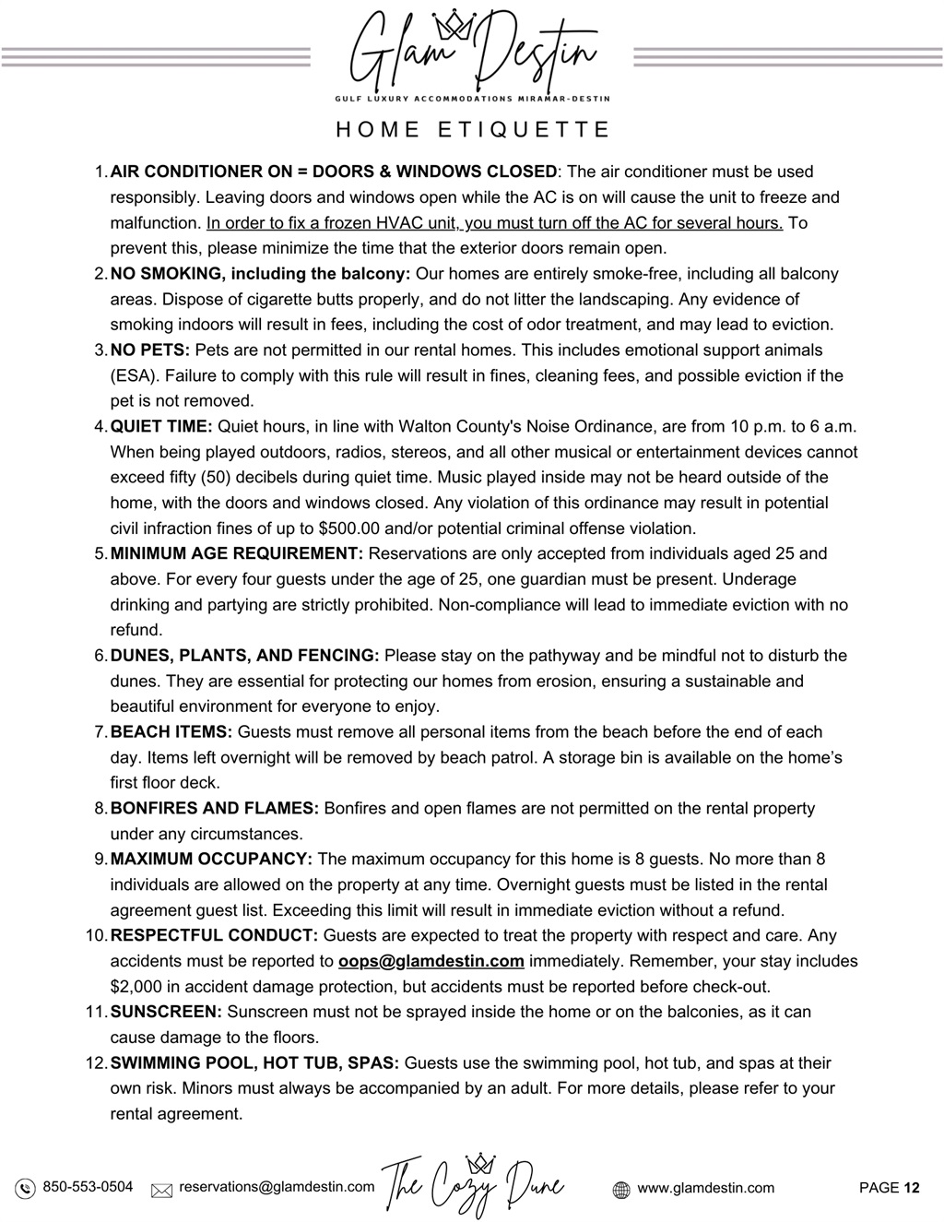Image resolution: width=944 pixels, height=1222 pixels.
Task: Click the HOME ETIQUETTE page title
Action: coord(472,130)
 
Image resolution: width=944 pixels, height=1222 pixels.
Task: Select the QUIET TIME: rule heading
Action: coord(161,426)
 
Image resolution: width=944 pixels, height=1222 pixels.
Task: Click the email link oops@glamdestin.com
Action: coord(431,961)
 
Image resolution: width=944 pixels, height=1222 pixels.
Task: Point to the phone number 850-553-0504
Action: coord(88,1187)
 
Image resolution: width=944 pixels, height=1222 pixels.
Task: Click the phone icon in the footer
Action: coord(25,1188)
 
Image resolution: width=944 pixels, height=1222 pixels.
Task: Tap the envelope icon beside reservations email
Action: coord(162,1189)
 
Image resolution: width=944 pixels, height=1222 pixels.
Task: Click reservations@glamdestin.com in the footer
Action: coord(277,1187)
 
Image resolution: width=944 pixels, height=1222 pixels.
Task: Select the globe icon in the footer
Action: coord(621,1189)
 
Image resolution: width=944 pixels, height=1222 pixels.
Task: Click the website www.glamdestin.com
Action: coord(705,1188)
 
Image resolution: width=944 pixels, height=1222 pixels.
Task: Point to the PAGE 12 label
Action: coord(889,1188)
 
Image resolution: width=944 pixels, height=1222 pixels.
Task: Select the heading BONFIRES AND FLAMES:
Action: coord(215,809)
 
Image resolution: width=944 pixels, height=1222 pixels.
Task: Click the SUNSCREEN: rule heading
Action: coord(167,1012)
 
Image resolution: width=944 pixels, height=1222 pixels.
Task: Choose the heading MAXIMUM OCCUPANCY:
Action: coord(211,860)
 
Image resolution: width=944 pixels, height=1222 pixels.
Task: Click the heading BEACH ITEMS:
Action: coord(171,732)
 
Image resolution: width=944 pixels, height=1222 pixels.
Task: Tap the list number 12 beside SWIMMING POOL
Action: coord(96,1063)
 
